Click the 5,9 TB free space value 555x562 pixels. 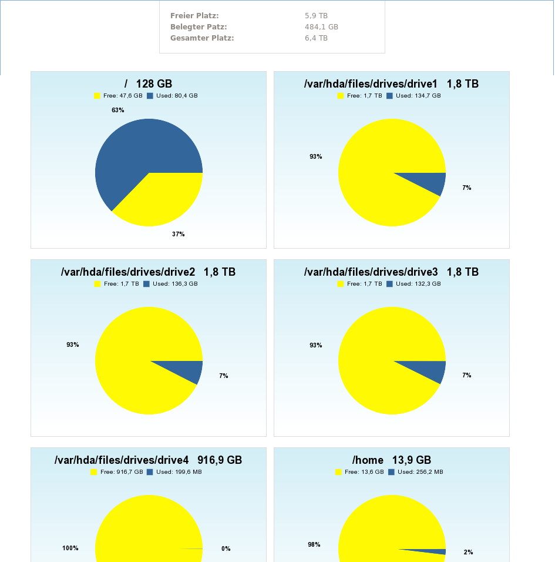[x=316, y=16]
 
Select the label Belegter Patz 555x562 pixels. [x=199, y=27]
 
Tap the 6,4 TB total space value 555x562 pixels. [x=316, y=38]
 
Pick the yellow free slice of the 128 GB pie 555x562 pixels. [x=164, y=200]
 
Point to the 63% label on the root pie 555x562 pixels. [x=118, y=110]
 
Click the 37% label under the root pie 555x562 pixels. [x=179, y=234]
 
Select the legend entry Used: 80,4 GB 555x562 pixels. [x=172, y=95]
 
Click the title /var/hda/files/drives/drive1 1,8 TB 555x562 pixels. [x=391, y=84]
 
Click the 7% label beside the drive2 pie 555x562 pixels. [x=224, y=376]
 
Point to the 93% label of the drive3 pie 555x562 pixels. [x=316, y=345]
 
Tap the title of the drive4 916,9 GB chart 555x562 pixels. [x=148, y=460]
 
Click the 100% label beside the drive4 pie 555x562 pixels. [x=70, y=548]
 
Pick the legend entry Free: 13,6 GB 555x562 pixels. [x=359, y=471]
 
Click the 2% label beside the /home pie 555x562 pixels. [x=468, y=552]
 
